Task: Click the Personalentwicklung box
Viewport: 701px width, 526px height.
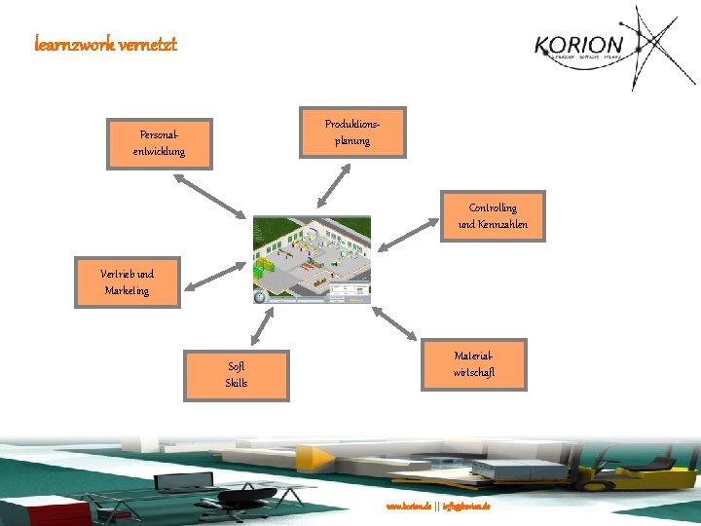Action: pyautogui.click(x=160, y=143)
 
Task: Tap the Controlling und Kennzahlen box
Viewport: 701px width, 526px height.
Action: pyautogui.click(x=493, y=215)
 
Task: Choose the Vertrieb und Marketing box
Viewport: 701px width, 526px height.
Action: pyautogui.click(x=128, y=282)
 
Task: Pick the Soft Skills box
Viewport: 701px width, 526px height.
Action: pyautogui.click(x=237, y=375)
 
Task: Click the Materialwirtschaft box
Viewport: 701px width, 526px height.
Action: pyautogui.click(x=474, y=364)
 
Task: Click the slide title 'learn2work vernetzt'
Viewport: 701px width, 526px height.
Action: pyautogui.click(x=105, y=44)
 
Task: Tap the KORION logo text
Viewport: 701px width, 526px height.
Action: pyautogui.click(x=578, y=46)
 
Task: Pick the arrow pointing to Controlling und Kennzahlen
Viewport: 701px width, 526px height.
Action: pyautogui.click(x=408, y=234)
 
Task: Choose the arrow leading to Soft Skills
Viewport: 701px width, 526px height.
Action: pyautogui.click(x=261, y=326)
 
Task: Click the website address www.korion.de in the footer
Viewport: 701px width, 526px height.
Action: pyautogui.click(x=409, y=507)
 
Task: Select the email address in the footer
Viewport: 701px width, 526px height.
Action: pyautogui.click(x=468, y=507)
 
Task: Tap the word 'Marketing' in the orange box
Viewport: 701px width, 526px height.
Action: pyautogui.click(x=128, y=290)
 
